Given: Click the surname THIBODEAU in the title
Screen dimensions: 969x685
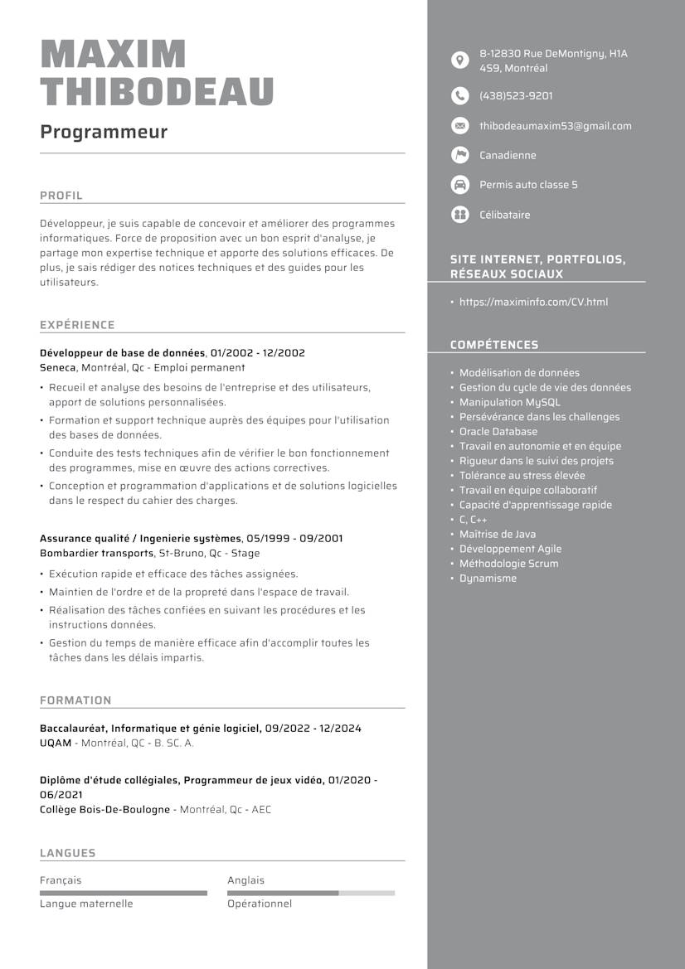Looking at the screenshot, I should point(157,91).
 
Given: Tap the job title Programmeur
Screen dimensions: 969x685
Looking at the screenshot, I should point(104,132).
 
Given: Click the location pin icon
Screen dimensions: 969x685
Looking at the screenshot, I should point(459,61).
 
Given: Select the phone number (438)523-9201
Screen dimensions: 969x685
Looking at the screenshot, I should point(516,96).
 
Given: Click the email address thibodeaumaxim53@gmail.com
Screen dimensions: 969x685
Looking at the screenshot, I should point(555,126).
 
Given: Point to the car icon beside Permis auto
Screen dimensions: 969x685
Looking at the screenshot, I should point(459,185).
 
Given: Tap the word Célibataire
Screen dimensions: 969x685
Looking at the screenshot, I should point(504,215).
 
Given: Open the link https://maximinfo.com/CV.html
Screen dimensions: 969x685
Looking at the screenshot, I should point(533,302).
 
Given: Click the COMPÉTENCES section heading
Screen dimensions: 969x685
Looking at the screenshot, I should point(494,345).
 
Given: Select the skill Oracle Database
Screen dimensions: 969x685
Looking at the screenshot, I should point(498,432).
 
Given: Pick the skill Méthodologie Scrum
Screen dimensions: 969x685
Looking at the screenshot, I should point(508,564).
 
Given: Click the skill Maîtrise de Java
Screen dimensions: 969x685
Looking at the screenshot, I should point(497,535).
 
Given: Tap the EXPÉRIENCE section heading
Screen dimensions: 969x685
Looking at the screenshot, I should point(77,325).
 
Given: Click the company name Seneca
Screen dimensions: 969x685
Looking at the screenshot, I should point(58,367).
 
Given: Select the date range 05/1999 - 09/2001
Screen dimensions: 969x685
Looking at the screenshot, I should point(294,539).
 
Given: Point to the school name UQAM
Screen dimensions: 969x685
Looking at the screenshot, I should point(56,743).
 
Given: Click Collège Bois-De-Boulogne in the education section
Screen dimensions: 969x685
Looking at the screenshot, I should point(104,809).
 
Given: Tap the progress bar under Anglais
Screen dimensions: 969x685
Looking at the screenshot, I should point(311,893).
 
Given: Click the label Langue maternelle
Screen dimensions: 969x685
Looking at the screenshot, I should point(86,904).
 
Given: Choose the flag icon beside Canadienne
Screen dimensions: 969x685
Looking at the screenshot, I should point(459,155).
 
